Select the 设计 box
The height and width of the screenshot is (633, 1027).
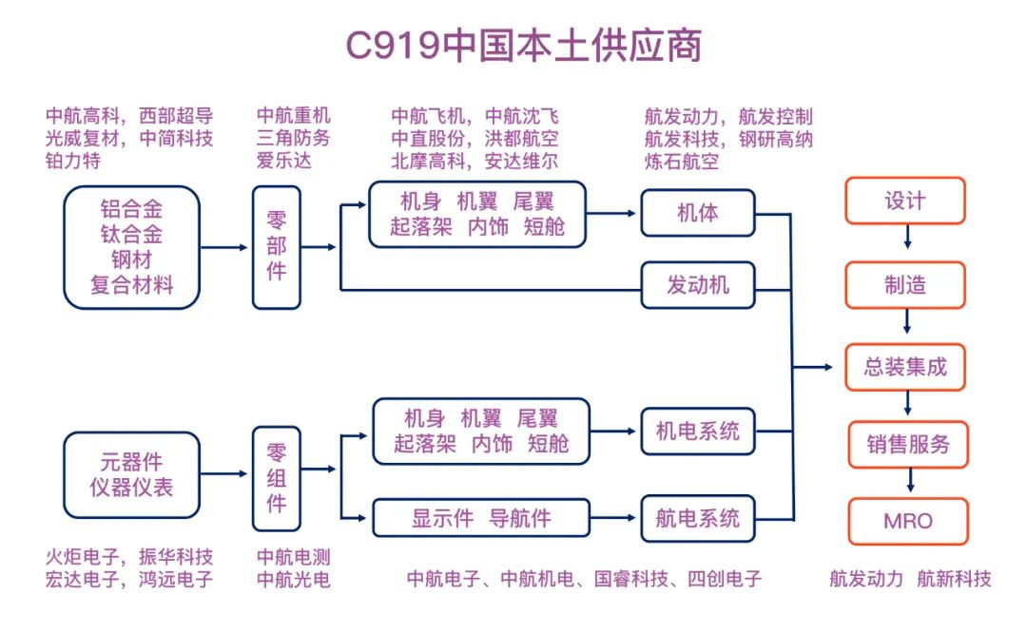click(904, 201)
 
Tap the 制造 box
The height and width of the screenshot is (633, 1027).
click(904, 284)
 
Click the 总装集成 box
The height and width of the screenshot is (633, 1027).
click(904, 367)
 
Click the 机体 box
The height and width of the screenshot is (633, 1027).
click(697, 212)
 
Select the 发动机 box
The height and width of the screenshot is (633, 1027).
click(697, 284)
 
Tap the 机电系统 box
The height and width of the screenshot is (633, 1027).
click(697, 432)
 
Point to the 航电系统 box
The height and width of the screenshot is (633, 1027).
click(697, 518)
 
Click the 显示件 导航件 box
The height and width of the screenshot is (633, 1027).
click(480, 518)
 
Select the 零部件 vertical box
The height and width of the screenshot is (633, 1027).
click(276, 246)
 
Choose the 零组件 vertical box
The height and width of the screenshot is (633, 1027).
click(276, 477)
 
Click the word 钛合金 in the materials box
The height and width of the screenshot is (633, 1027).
click(131, 234)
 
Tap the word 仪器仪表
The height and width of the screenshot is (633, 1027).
click(131, 489)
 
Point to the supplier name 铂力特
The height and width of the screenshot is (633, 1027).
click(73, 162)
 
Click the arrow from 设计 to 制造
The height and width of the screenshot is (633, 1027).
click(906, 242)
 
